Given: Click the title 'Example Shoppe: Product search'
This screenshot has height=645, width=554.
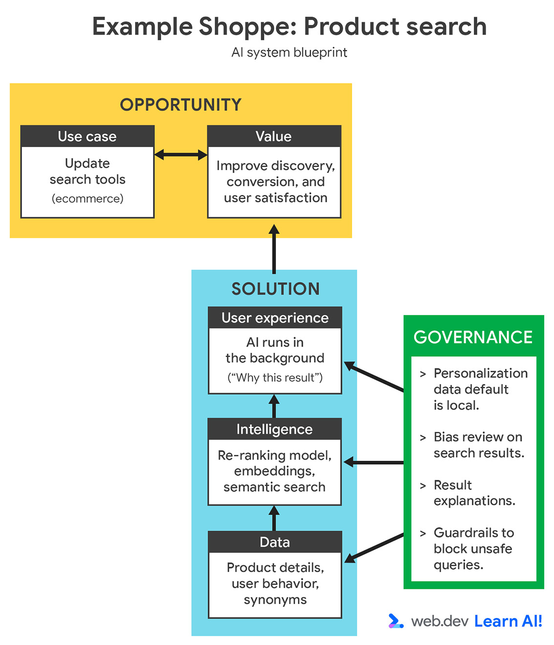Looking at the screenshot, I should coord(289,26).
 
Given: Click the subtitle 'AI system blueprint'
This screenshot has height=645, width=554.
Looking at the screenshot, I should coord(289,52).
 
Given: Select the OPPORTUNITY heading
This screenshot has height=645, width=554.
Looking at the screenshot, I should coord(181,105).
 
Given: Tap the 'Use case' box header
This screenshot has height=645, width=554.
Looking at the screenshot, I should coord(87,136).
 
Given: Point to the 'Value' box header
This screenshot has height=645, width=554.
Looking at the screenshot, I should coord(274,136).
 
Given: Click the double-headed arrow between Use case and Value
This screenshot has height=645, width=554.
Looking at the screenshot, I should coord(181,155).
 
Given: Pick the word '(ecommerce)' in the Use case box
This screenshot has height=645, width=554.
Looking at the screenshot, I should coord(87,198).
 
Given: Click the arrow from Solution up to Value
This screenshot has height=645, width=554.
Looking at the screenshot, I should coord(274,249).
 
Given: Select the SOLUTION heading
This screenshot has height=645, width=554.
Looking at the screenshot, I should coord(276,289).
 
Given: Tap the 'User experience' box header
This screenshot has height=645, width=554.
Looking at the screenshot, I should coord(275,318).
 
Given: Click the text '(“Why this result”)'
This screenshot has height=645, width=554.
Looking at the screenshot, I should coord(275,378).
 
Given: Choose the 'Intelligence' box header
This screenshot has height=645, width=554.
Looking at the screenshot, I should coord(274,429).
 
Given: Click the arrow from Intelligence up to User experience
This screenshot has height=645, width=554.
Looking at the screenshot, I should coord(274,406).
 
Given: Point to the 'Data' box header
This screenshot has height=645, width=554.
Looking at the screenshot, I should coord(275,542).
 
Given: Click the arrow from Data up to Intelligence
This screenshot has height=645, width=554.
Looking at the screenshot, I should coord(274,518).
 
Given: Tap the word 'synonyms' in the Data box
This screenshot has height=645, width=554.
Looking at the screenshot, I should coord(275,600).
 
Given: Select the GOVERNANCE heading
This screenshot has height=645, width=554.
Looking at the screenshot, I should coord(473,337).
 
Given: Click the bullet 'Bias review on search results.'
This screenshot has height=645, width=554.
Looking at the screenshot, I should coord(478,445).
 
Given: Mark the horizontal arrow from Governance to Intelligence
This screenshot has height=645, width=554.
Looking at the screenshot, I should coord(374,462).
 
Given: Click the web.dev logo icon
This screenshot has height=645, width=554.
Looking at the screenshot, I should coord(395,621).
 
